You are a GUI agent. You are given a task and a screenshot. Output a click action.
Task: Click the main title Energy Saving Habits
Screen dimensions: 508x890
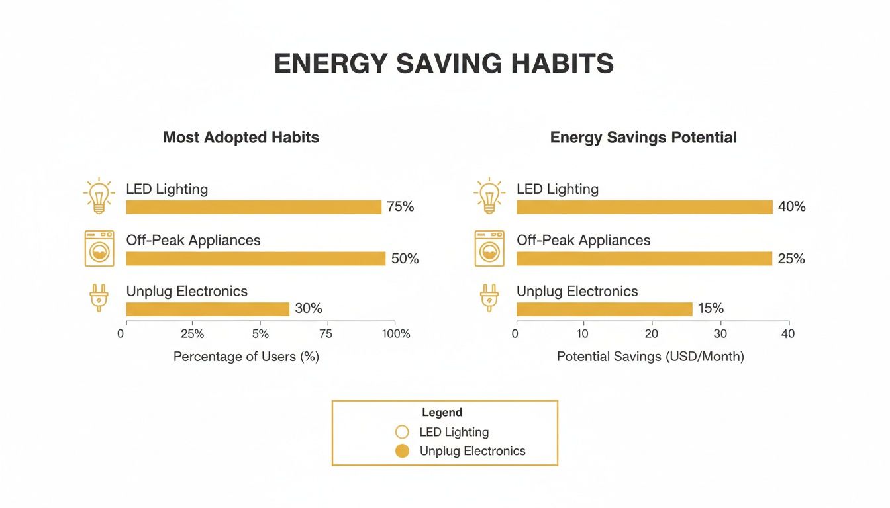coord(444,64)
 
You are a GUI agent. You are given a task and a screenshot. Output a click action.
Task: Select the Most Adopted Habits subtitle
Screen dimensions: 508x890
coord(241,138)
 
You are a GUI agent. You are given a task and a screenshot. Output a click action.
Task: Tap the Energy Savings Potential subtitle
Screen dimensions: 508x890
coord(643,138)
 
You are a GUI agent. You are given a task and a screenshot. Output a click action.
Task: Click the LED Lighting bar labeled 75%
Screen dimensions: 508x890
coord(254,207)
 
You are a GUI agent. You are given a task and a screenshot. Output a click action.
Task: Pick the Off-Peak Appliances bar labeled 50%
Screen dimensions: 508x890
coord(256,259)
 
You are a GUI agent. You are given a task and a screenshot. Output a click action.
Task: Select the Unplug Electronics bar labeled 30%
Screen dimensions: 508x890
coord(208,309)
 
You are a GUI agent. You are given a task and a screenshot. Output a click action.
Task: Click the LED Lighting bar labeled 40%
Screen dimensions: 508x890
coord(644,207)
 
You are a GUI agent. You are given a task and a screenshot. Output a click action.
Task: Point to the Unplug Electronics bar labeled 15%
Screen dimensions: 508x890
coord(604,309)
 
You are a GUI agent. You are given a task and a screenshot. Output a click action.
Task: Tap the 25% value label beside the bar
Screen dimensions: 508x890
coord(791,259)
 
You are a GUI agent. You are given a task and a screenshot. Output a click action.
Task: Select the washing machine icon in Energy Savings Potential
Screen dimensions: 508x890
coord(489,249)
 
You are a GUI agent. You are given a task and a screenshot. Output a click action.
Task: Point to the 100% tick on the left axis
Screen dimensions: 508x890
coord(396,334)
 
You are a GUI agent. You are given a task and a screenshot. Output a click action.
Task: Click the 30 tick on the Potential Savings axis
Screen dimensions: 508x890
coord(720,334)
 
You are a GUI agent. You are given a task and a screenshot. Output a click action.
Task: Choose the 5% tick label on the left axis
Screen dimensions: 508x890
coord(260,334)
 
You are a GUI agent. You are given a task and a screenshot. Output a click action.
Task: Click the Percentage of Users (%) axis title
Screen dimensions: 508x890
coord(246,357)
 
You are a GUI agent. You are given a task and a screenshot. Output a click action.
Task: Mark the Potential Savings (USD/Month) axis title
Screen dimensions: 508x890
coord(650,357)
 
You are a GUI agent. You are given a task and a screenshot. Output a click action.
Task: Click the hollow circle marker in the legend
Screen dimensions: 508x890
coord(402,433)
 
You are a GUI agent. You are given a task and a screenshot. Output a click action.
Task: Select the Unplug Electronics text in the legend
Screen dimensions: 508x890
coord(472,451)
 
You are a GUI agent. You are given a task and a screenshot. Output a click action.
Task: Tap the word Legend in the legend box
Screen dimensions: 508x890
coord(442,413)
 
